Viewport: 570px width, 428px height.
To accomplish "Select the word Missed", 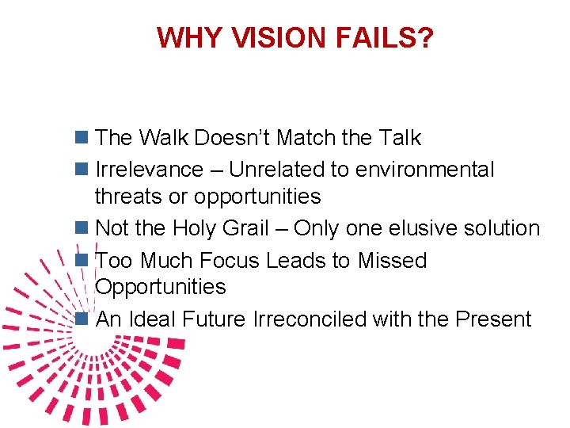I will pos(392,261).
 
